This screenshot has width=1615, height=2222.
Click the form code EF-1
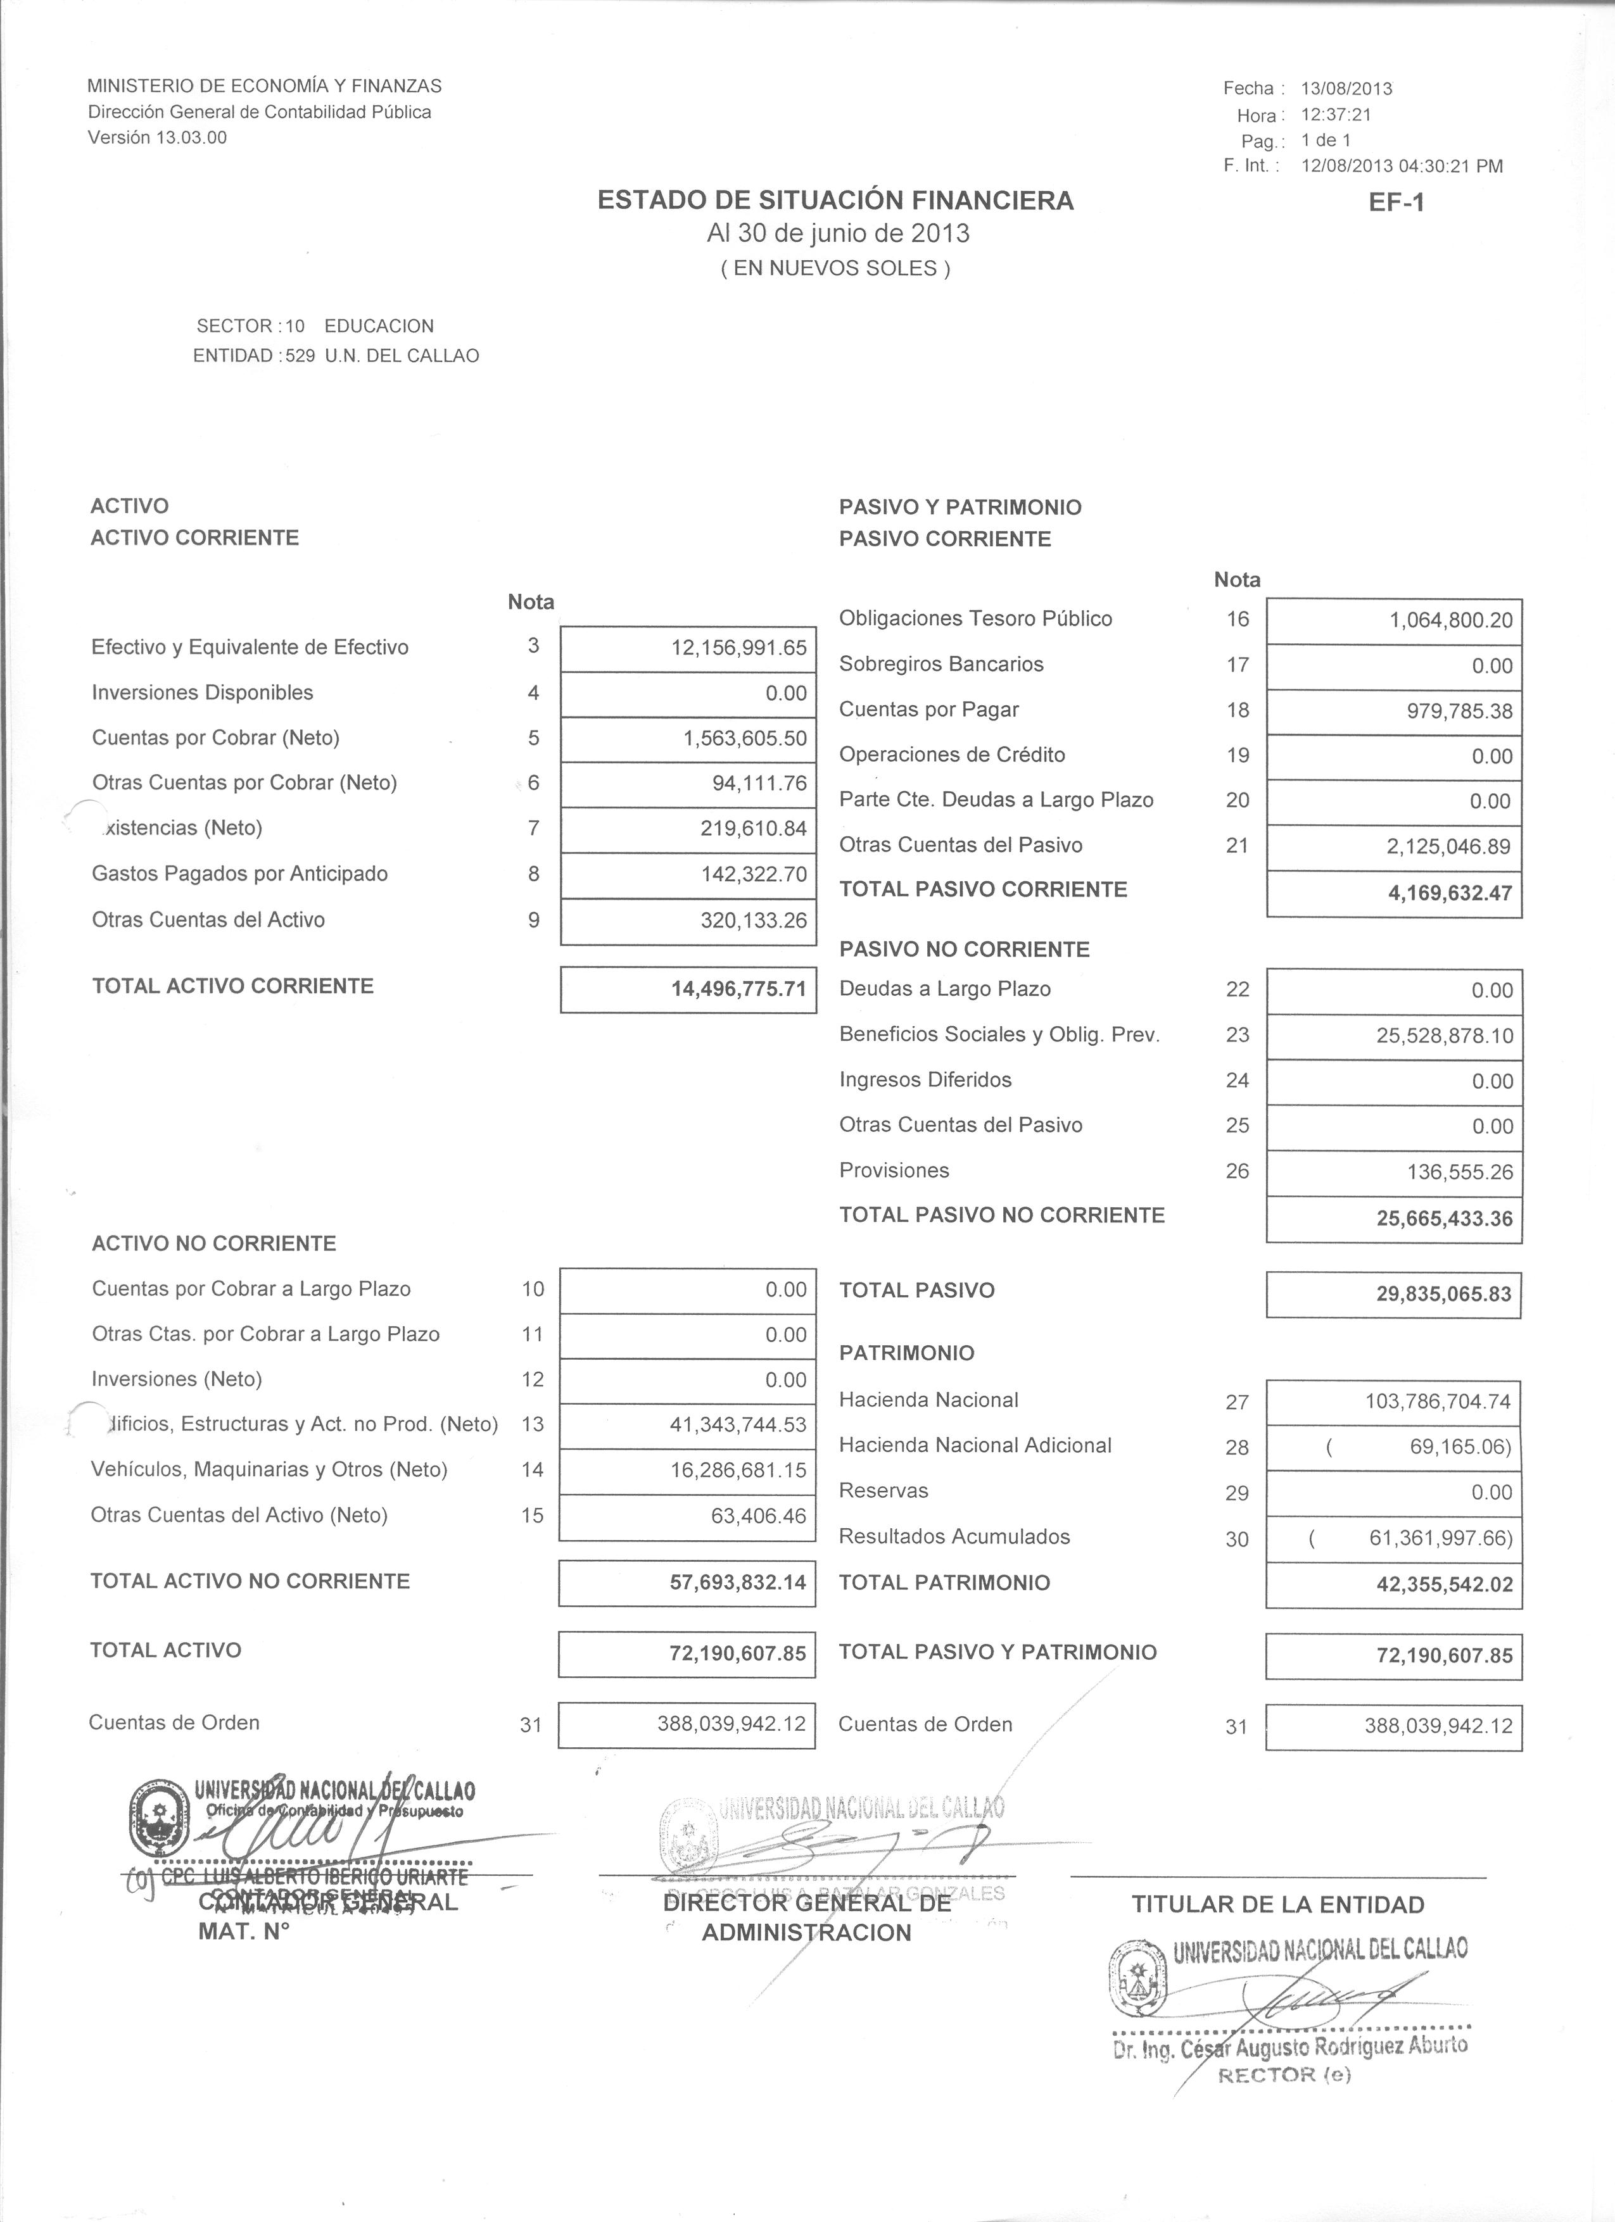pos(1396,203)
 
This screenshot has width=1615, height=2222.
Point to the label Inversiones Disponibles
pos(203,693)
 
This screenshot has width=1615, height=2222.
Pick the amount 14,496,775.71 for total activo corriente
pos(739,989)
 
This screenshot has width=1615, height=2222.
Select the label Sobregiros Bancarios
pos(940,664)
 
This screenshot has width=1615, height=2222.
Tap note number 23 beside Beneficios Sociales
pos(1237,1034)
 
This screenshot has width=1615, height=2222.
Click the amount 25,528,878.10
pos(1445,1036)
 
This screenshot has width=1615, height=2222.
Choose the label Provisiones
pos(894,1171)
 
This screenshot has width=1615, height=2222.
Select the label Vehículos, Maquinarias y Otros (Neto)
pos(270,1469)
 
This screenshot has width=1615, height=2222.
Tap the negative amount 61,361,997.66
pos(1441,1538)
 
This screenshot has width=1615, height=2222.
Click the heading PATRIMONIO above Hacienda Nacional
pos(906,1353)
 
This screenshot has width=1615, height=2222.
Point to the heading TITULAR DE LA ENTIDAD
pos(1278,1905)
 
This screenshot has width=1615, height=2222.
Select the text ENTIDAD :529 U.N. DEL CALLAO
pos(336,356)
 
